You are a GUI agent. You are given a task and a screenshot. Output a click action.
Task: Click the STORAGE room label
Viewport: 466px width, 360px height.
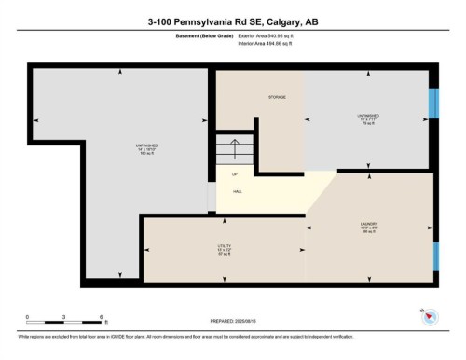click(277, 96)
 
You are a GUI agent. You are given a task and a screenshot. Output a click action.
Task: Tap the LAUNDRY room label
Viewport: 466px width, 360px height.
click(368, 223)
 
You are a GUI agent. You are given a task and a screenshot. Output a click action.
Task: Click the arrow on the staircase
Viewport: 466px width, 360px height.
click(235, 147)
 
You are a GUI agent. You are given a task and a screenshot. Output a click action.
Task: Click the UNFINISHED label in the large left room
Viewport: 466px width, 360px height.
click(145, 145)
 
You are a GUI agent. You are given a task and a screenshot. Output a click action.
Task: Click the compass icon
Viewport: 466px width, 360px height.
click(429, 317)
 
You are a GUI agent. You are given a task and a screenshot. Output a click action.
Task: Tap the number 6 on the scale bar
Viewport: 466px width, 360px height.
click(100, 316)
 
